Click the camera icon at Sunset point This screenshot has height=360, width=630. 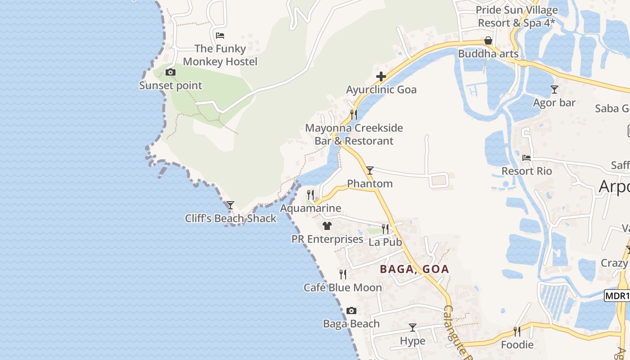[170, 72]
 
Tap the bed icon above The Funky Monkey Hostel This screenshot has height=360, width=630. [220, 35]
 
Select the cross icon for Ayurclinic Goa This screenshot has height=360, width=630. [381, 76]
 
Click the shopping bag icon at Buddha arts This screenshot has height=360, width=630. [488, 40]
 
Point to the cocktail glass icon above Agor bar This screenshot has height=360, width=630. [554, 90]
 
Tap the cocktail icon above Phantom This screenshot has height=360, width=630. [369, 170]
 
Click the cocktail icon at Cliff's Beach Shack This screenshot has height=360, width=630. [230, 205]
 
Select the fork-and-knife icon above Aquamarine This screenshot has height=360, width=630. [310, 194]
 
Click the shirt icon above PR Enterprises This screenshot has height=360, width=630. [327, 225]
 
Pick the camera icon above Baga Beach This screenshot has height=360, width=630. [351, 310]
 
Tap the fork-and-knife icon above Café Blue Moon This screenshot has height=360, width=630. [343, 274]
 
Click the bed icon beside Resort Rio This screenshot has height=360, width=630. [526, 158]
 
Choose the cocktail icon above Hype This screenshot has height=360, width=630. [412, 327]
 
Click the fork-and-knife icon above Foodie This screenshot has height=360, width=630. [517, 332]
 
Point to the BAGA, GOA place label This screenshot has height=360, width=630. [414, 269]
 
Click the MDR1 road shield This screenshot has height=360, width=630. [616, 296]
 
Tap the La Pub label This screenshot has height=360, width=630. [385, 242]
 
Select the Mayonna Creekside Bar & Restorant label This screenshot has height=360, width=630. [354, 134]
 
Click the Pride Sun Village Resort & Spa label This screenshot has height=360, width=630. [517, 16]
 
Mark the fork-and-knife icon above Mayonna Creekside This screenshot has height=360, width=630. [354, 114]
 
